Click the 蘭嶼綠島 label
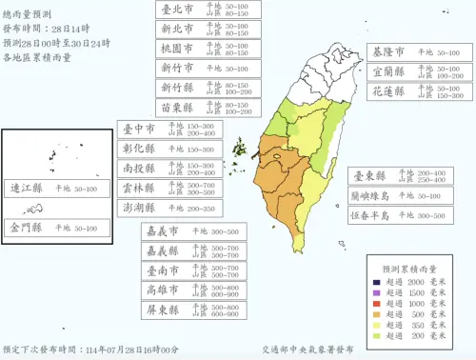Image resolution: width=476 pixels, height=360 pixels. pyautogui.click(x=391, y=195)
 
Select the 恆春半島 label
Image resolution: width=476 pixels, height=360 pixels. pyautogui.click(x=391, y=215)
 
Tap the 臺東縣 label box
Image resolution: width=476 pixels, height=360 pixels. pyautogui.click(x=391, y=175)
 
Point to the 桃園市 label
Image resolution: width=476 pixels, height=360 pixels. pyautogui.click(x=205, y=49)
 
